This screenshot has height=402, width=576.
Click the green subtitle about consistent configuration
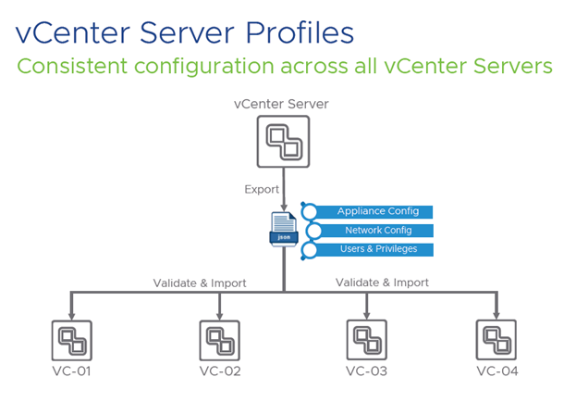coord(285,68)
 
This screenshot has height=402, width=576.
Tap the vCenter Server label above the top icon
coord(283,102)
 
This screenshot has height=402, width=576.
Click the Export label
coord(262,189)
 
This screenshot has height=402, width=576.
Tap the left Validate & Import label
coord(200,283)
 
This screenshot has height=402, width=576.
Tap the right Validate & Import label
coord(382,282)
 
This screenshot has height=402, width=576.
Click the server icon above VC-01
coord(71,340)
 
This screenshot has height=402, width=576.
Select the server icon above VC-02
coord(219,340)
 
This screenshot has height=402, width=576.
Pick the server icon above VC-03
coord(366,340)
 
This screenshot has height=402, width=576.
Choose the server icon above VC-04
coord(496,340)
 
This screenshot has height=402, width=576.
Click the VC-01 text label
coord(71,372)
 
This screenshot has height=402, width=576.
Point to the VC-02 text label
coord(219,372)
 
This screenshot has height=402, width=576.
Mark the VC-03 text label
coord(366,372)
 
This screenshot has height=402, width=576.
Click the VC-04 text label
coord(496,372)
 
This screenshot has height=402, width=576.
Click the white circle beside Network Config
coord(314,231)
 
